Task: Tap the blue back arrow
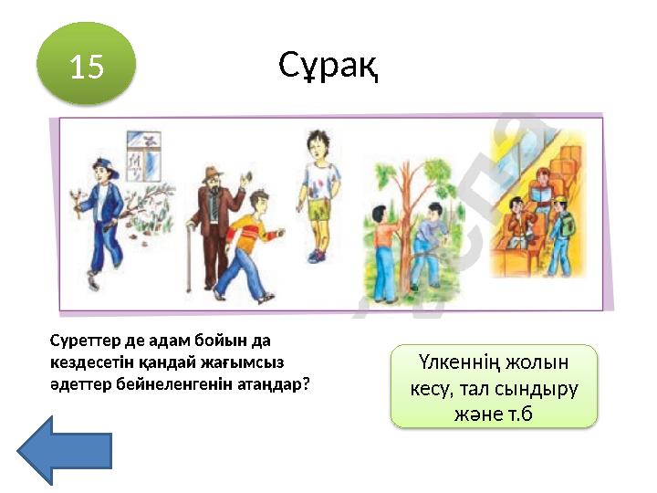65,450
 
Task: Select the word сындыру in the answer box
537,388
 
